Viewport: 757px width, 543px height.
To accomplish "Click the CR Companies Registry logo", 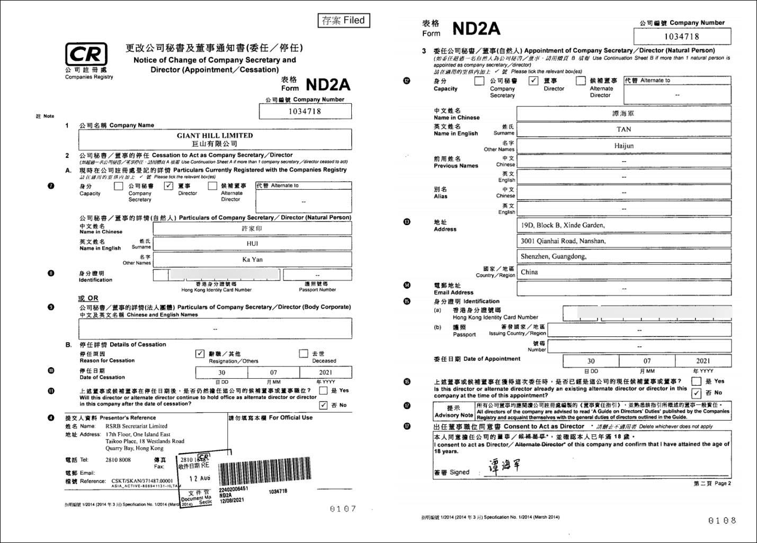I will click(86, 55).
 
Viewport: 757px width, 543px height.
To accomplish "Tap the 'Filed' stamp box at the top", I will click(343, 21).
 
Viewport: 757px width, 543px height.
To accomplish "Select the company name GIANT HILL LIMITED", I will click(215, 136).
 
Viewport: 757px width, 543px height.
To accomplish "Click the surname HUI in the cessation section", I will click(252, 244).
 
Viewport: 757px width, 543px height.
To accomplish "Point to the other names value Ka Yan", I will click(252, 260).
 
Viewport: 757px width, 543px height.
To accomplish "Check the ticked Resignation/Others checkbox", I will click(200, 353).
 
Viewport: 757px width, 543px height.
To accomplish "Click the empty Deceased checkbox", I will click(304, 353).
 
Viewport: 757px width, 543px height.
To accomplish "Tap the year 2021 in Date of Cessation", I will click(325, 372).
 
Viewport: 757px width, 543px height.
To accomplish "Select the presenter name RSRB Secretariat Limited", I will click(136, 426).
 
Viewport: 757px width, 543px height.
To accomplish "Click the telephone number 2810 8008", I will click(118, 460).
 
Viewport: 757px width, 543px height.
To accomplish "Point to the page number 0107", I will click(343, 509).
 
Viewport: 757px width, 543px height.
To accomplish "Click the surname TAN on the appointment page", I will click(624, 129).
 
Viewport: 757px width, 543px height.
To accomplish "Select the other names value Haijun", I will click(624, 146).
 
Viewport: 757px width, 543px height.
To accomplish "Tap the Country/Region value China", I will click(529, 272).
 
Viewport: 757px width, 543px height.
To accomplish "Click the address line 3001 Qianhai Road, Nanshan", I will click(563, 241).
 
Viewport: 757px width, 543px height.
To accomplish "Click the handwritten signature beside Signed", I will click(503, 466).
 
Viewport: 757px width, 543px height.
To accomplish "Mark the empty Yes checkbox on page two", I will click(696, 381).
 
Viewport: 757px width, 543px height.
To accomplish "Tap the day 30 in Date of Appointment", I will click(591, 361).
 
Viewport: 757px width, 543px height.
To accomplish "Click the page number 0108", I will click(722, 520).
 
